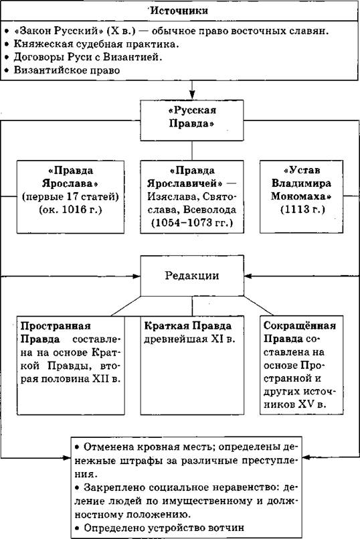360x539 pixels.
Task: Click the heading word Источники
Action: click(x=179, y=11)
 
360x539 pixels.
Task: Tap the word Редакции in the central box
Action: click(x=191, y=276)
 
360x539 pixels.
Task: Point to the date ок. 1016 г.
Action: click(x=70, y=210)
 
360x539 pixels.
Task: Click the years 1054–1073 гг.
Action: click(x=192, y=222)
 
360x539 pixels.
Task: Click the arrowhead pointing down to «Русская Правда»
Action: click(x=192, y=95)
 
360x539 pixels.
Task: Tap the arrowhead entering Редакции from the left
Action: click(x=137, y=276)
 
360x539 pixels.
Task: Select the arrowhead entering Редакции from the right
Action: click(x=248, y=276)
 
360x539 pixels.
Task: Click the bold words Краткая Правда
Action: click(x=188, y=326)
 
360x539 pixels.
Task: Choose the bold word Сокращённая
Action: click(x=300, y=325)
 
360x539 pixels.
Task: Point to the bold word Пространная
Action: click(x=56, y=326)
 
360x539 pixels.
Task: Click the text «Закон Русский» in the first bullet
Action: click(x=58, y=31)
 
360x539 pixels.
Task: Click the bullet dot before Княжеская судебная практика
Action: click(x=7, y=44)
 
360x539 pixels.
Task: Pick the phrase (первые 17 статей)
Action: click(x=70, y=196)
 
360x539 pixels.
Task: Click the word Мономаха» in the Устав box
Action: click(x=301, y=196)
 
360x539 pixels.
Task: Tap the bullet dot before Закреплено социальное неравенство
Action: click(x=78, y=488)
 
